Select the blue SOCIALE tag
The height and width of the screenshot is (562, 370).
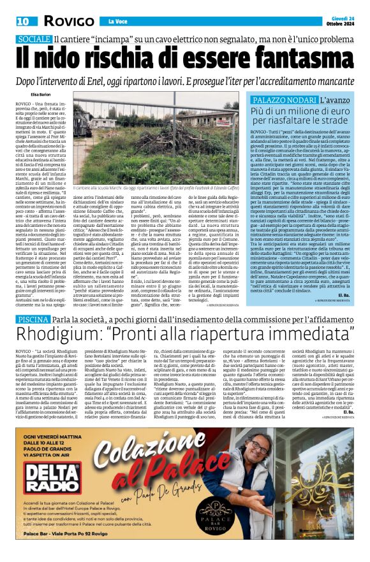click(x=33, y=40)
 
